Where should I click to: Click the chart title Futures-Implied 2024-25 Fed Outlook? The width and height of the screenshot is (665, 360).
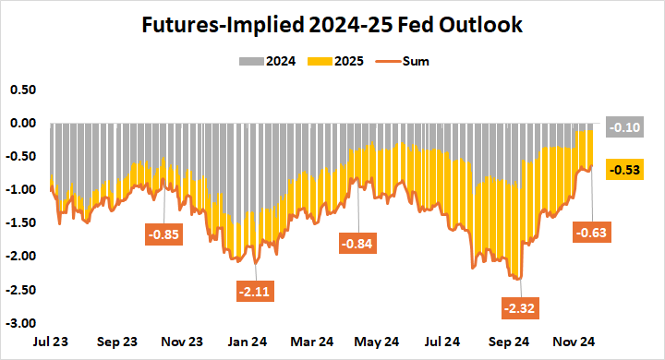click(x=332, y=25)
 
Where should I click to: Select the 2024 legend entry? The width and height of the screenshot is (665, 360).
click(x=269, y=62)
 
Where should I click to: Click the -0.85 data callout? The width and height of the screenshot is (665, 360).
click(x=164, y=234)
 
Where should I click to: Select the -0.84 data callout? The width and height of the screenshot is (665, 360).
click(x=357, y=245)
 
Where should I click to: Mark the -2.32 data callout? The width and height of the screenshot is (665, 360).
click(x=522, y=306)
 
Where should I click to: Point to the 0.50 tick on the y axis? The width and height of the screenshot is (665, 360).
click(x=22, y=90)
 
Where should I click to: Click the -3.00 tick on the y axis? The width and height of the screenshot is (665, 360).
click(x=21, y=323)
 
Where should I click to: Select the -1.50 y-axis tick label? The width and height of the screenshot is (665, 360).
click(x=21, y=223)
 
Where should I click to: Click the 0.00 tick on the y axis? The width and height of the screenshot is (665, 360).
click(x=22, y=123)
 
